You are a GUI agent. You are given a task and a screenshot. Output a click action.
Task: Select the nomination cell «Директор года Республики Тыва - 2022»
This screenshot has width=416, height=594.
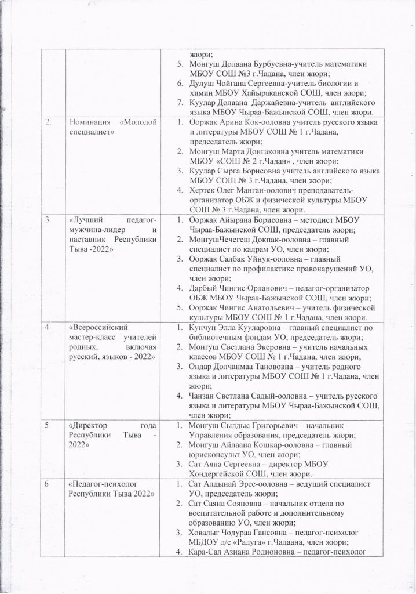point(111,436)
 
